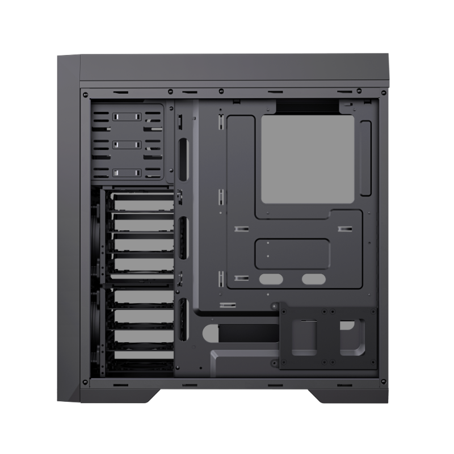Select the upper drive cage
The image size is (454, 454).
click(x=136, y=236)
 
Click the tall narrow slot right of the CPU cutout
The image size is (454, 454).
click(x=366, y=158)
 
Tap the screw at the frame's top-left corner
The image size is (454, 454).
click(x=85, y=94)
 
